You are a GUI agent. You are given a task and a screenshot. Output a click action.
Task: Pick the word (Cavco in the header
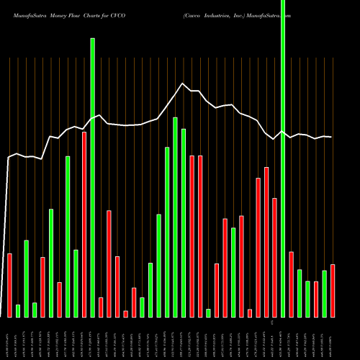pos(194,5)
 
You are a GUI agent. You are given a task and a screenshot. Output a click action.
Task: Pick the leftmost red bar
pos(9,285)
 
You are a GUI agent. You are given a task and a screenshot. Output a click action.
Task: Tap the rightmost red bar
pos(333,290)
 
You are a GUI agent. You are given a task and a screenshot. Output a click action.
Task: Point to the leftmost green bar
pos(18,310)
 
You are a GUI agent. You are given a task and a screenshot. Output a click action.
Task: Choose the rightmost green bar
pos(324,293)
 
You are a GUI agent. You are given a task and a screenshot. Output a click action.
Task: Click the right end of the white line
pos(332,138)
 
